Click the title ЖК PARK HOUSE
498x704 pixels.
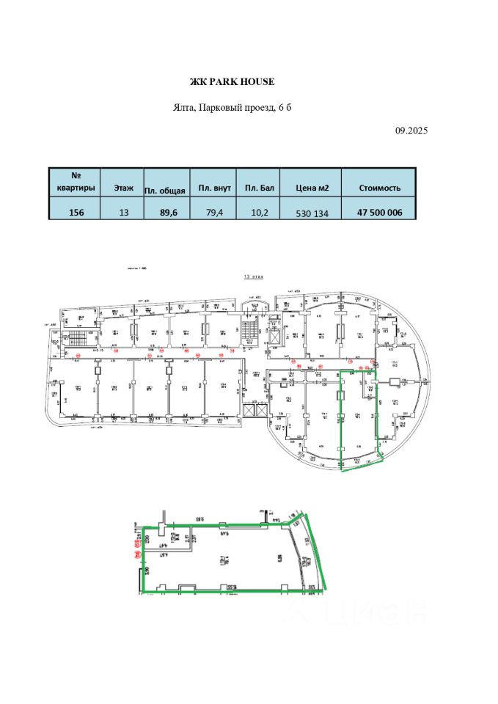pos(232,81)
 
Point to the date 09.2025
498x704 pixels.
pos(411,130)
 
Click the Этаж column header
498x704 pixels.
pos(123,188)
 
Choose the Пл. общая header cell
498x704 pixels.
pos(166,188)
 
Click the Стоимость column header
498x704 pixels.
pos(379,188)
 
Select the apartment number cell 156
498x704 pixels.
pos(76,213)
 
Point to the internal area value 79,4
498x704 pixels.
pos(214,213)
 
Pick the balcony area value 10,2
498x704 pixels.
pos(260,213)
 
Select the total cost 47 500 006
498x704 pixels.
pos(379,213)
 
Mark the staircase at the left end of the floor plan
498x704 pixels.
pos(76,339)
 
